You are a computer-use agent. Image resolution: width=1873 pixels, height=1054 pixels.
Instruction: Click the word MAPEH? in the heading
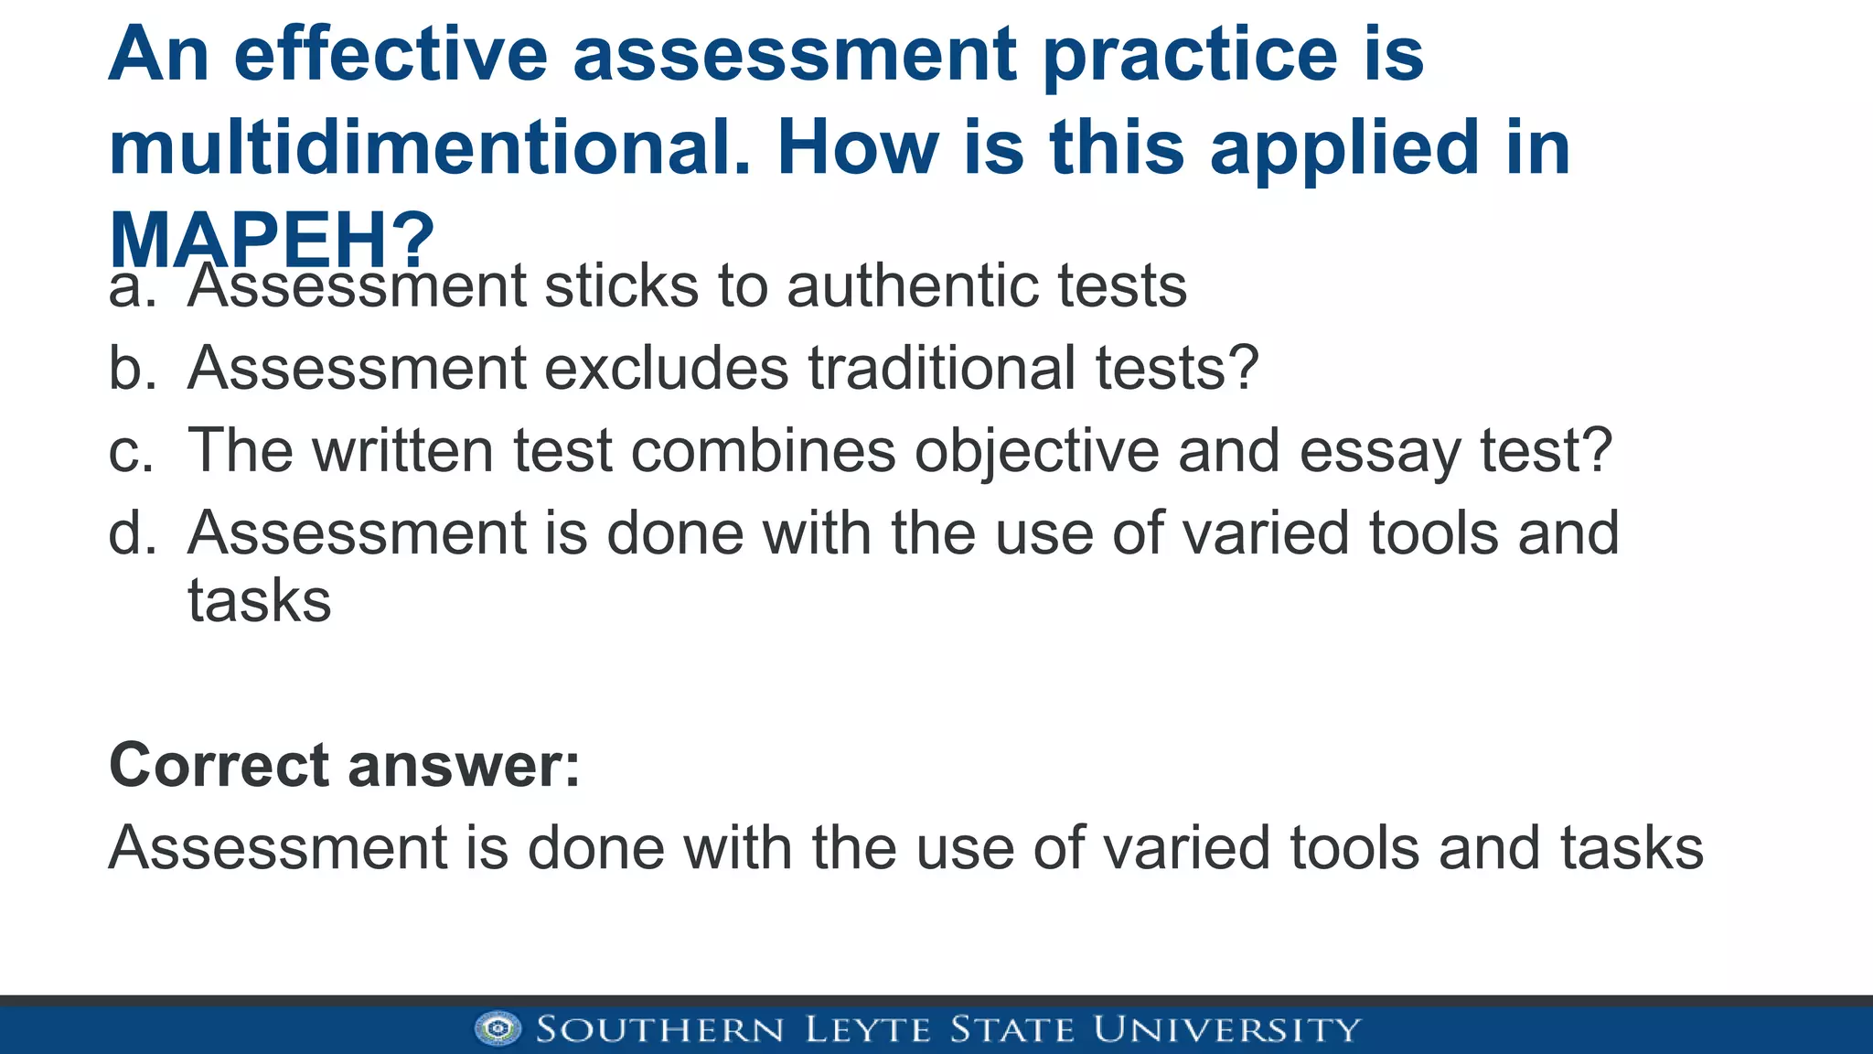point(272,240)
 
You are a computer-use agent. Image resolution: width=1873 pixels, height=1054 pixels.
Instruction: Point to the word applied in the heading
point(1344,149)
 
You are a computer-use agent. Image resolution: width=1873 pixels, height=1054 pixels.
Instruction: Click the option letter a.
point(132,287)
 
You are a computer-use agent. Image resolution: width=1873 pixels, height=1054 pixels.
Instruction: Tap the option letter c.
point(132,451)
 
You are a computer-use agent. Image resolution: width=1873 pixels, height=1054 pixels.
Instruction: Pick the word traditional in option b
point(942,369)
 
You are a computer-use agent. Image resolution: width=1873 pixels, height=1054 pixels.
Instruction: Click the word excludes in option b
point(668,369)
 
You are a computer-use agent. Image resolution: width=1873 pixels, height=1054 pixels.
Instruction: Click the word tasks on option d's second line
point(259,601)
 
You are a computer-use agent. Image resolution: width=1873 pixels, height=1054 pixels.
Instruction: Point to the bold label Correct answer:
point(345,765)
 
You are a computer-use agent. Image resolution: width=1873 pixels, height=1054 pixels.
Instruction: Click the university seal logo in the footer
point(498,1028)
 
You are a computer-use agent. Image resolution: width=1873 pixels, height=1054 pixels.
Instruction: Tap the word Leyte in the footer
point(868,1029)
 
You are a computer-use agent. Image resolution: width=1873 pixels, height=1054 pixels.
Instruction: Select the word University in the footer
point(1226,1029)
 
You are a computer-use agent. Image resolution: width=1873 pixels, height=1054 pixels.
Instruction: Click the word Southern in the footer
point(660,1029)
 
